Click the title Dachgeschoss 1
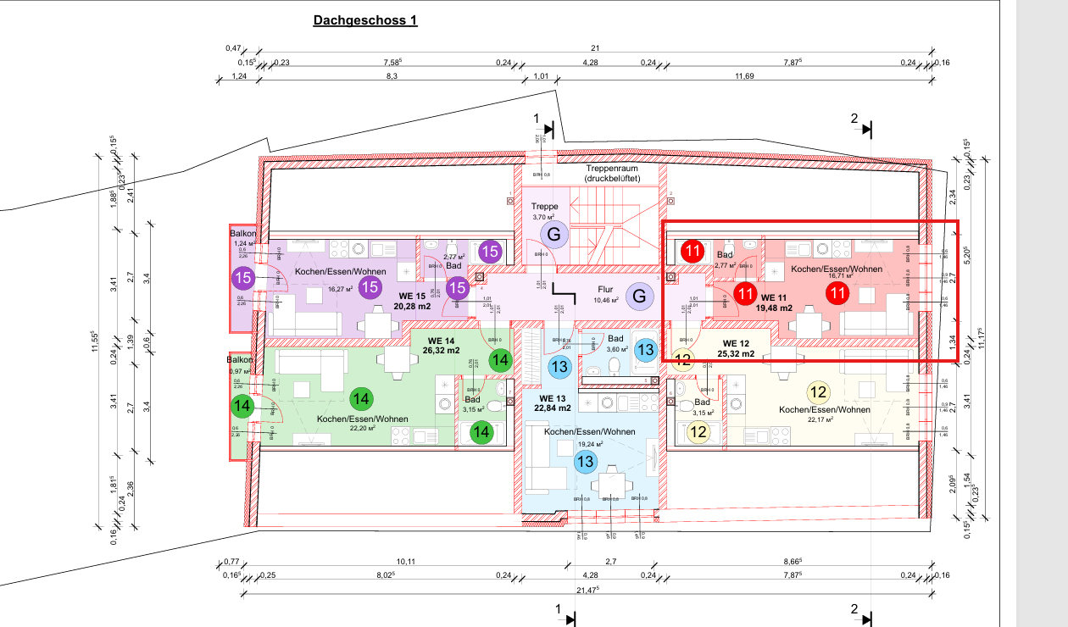(x=365, y=20)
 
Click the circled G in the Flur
(x=640, y=296)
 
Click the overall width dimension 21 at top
(x=596, y=48)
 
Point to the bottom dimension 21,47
(x=587, y=589)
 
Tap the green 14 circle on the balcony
(x=243, y=406)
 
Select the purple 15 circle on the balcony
(x=243, y=277)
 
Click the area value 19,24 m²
(x=590, y=444)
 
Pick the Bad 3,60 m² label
(x=615, y=344)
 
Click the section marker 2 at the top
(x=854, y=118)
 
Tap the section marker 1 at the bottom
(x=558, y=608)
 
